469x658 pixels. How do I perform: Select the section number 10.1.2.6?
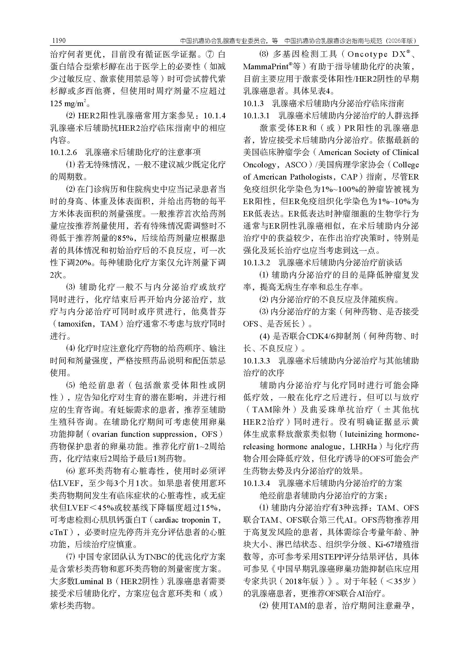[63, 153]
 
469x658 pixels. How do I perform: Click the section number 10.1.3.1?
[256, 116]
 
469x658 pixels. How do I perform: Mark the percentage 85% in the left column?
[125, 238]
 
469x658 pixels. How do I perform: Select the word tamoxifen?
[74, 324]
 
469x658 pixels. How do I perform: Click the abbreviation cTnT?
[59, 532]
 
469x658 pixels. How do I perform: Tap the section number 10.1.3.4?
[256, 483]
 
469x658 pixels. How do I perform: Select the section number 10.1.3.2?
[256, 263]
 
